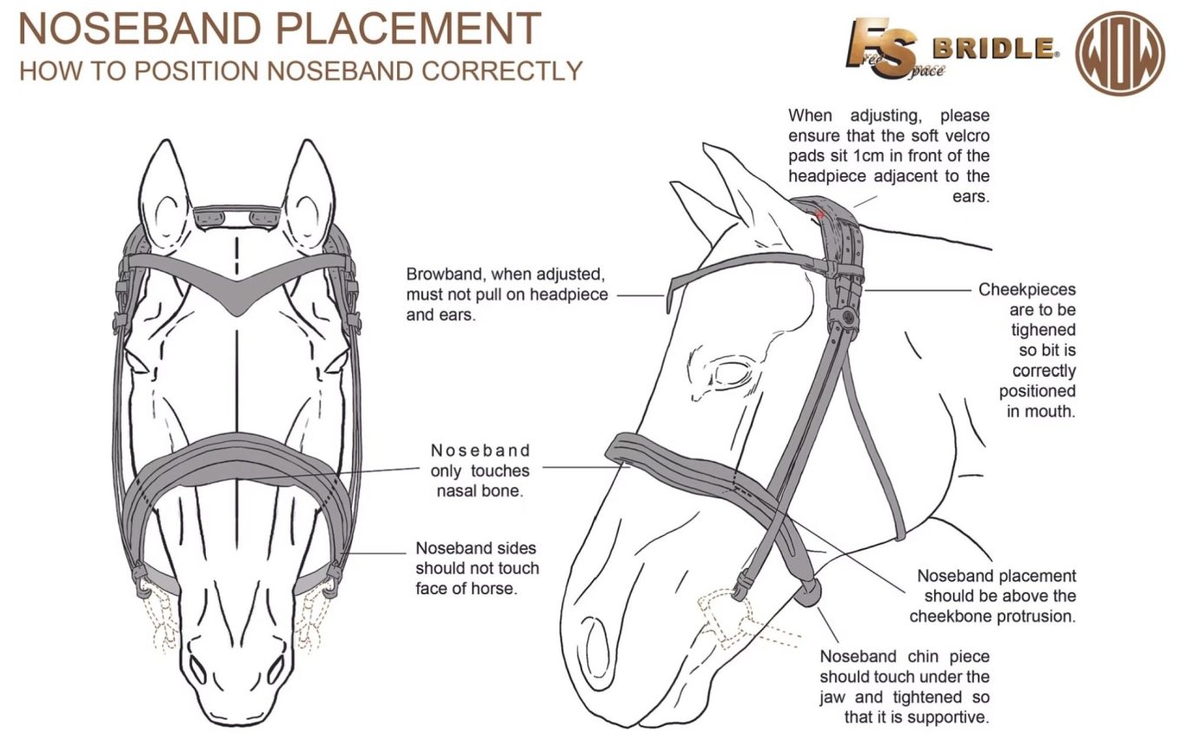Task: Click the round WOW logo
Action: pyautogui.click(x=1120, y=53)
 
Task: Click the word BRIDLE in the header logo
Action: pyautogui.click(x=994, y=48)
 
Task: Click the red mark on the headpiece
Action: pyautogui.click(x=819, y=214)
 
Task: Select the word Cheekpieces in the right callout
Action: pyautogui.click(x=1026, y=289)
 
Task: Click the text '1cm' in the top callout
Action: pyautogui.click(x=895, y=156)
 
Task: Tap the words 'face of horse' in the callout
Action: pyautogui.click(x=477, y=588)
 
